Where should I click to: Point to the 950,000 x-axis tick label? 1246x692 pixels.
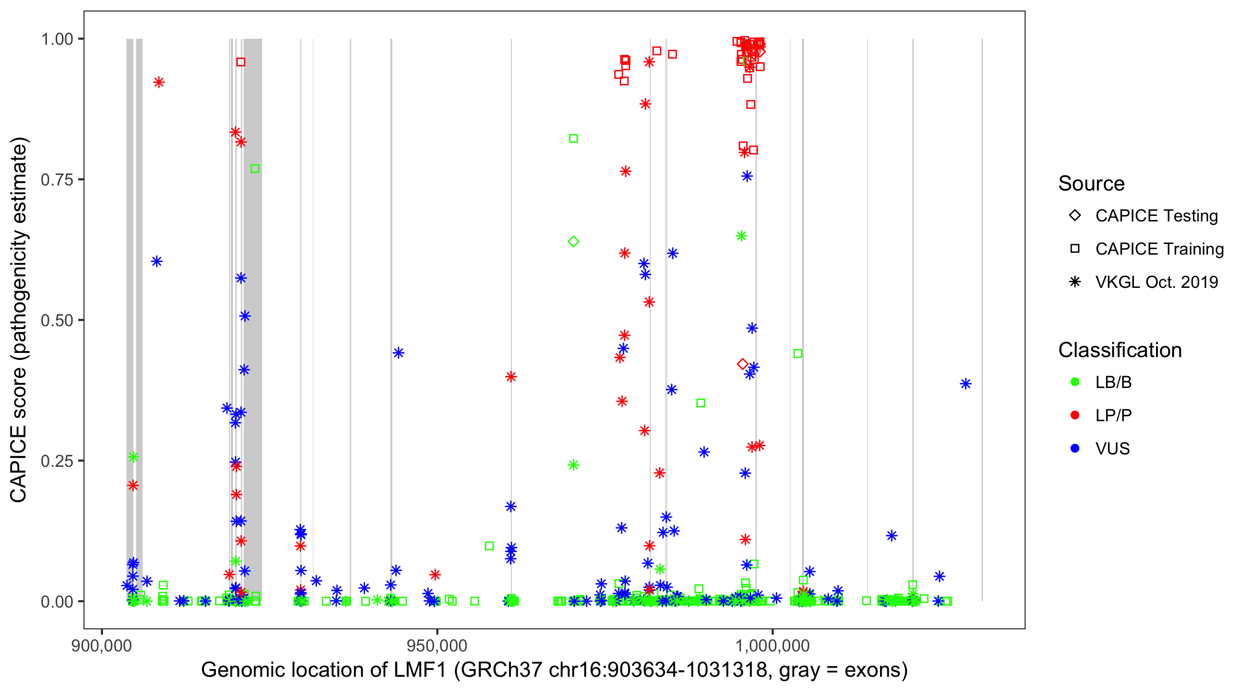pyautogui.click(x=437, y=645)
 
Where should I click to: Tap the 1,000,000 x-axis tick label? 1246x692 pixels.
pyautogui.click(x=773, y=645)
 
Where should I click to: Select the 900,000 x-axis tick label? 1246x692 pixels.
pyautogui.click(x=102, y=645)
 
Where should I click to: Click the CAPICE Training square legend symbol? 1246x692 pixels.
pyautogui.click(x=1075, y=249)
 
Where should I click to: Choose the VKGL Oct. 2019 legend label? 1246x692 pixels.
pyautogui.click(x=1156, y=282)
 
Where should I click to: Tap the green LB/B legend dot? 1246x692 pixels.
pyautogui.click(x=1075, y=382)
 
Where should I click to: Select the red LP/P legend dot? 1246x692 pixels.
pyautogui.click(x=1075, y=415)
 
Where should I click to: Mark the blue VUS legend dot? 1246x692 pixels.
pyautogui.click(x=1075, y=448)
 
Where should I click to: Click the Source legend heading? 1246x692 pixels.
pyautogui.click(x=1091, y=184)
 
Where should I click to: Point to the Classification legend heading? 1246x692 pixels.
pyautogui.click(x=1120, y=350)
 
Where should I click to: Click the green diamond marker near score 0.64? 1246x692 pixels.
pyautogui.click(x=573, y=241)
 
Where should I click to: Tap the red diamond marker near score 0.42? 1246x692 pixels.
pyautogui.click(x=743, y=364)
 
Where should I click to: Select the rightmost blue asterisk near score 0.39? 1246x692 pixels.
pyautogui.click(x=965, y=384)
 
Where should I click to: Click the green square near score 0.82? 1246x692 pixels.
pyautogui.click(x=573, y=139)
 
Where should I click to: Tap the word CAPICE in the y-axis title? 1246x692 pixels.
pyautogui.click(x=18, y=464)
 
